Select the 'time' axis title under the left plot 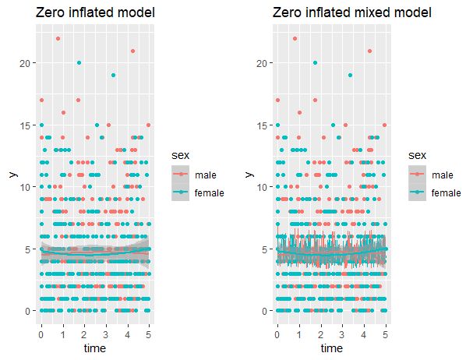coord(95,348)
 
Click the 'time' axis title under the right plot coord(331,348)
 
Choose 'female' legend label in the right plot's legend coord(446,192)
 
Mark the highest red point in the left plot coord(58,38)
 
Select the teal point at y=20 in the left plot coord(79,63)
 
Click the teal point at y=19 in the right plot coord(349,76)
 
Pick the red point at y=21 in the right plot coord(369,51)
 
